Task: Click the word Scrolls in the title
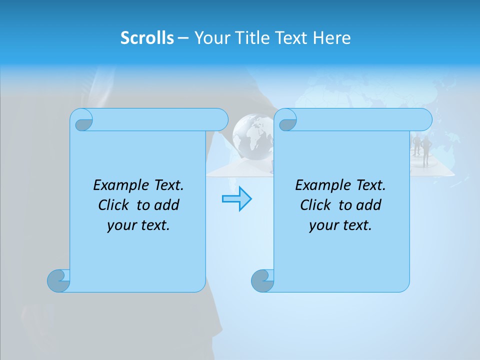tap(147, 38)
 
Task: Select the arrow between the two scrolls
tap(236, 198)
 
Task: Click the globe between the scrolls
tap(252, 136)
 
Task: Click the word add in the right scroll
tap(368, 205)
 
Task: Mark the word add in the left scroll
tap(166, 205)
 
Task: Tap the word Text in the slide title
tap(295, 38)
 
